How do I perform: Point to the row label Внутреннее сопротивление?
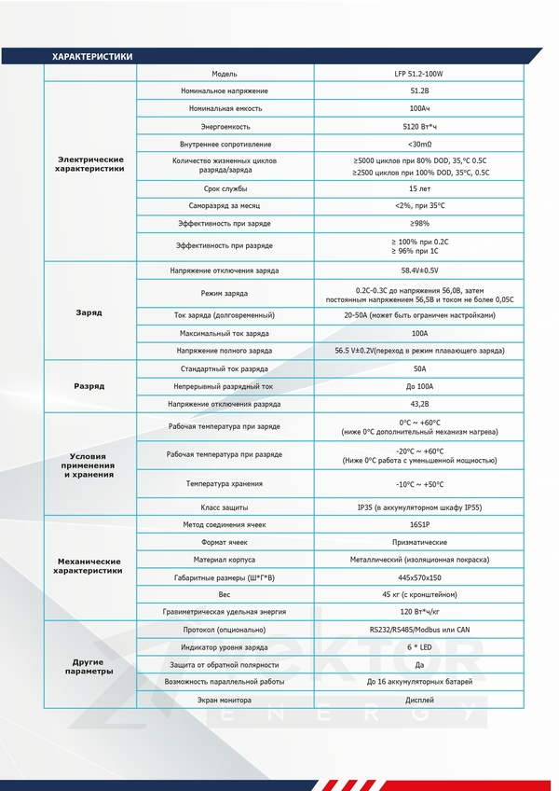pyautogui.click(x=225, y=144)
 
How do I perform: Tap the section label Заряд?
pyautogui.click(x=89, y=312)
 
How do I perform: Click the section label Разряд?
pyautogui.click(x=89, y=386)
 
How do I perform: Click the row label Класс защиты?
pyautogui.click(x=225, y=507)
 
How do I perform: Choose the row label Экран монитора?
pyautogui.click(x=225, y=699)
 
